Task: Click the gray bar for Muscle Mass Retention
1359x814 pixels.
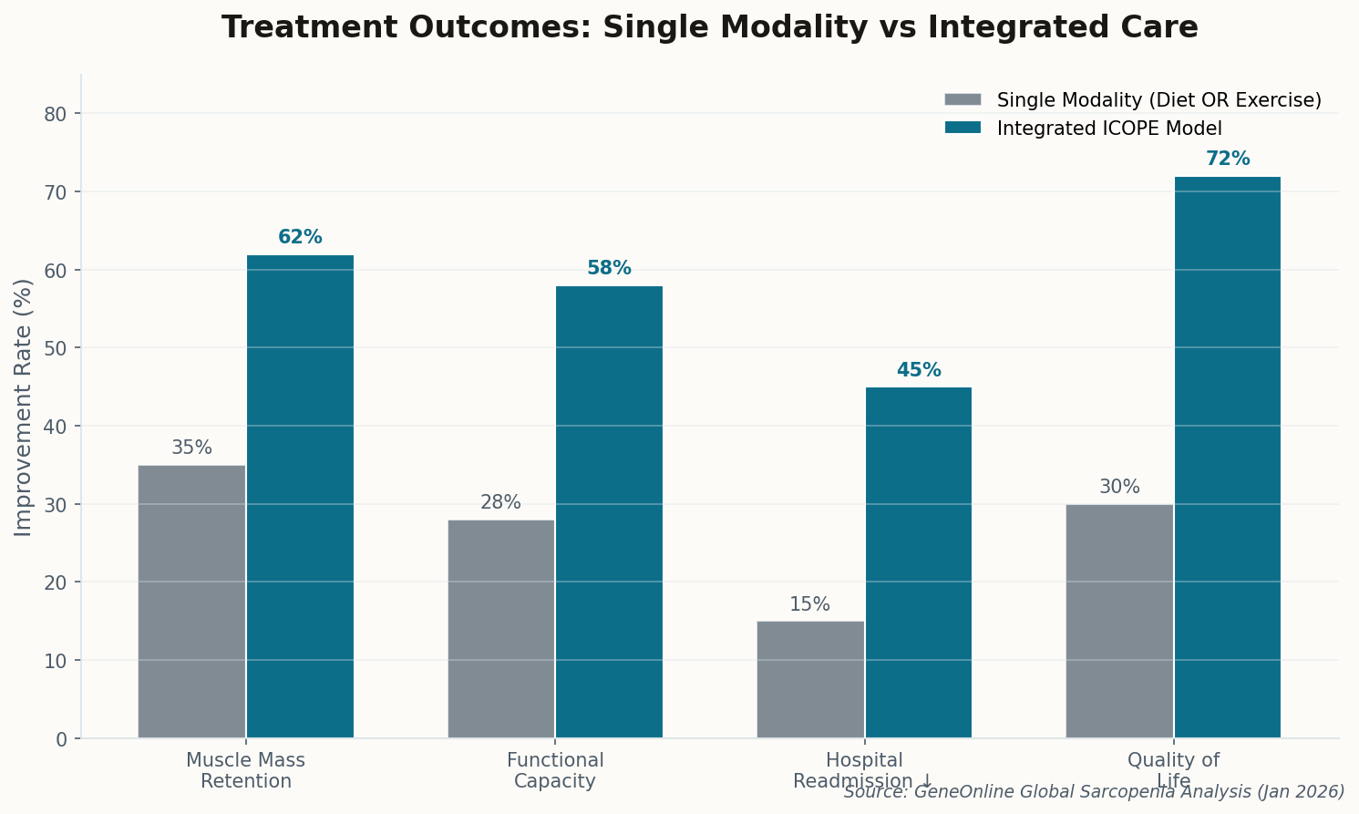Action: pyautogui.click(x=191, y=602)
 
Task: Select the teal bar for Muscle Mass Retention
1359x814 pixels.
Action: pyautogui.click(x=300, y=497)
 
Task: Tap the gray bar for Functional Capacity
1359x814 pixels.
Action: pyautogui.click(x=500, y=629)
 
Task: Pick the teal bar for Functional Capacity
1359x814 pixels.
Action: pyautogui.click(x=609, y=512)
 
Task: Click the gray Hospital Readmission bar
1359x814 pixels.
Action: pyautogui.click(x=809, y=680)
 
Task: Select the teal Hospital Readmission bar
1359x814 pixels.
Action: pyautogui.click(x=918, y=562)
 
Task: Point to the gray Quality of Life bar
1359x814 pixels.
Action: pyautogui.click(x=1119, y=621)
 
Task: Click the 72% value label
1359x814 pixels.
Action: pyautogui.click(x=1227, y=160)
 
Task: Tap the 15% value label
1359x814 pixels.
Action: pyautogui.click(x=809, y=604)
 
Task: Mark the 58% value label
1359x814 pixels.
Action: pyautogui.click(x=609, y=269)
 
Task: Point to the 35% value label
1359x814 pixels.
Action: pyautogui.click(x=191, y=448)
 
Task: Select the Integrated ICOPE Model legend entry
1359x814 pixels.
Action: pyautogui.click(x=1108, y=129)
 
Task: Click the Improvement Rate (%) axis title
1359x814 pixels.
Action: pyautogui.click(x=24, y=407)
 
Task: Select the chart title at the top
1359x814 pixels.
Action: pyautogui.click(x=709, y=27)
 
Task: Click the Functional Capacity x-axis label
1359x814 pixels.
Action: pyautogui.click(x=555, y=771)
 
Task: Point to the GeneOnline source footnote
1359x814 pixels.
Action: pyautogui.click(x=1094, y=792)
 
